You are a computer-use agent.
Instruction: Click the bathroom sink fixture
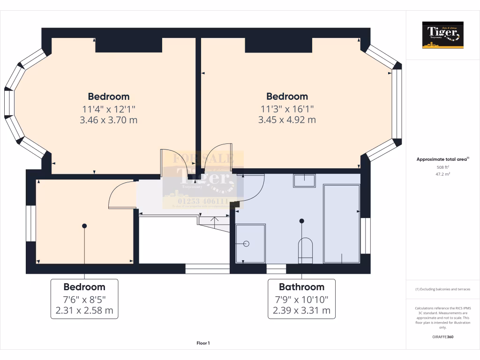pyautogui.click(x=304, y=180)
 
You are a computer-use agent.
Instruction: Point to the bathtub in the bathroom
pyautogui.click(x=342, y=224)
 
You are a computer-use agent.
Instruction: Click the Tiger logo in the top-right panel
pyautogui.click(x=442, y=35)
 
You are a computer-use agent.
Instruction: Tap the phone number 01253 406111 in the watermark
pyautogui.click(x=203, y=201)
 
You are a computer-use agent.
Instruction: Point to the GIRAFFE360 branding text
pyautogui.click(x=442, y=337)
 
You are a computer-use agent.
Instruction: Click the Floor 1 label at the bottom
pyautogui.click(x=203, y=343)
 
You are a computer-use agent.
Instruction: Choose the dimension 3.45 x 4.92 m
pyautogui.click(x=287, y=120)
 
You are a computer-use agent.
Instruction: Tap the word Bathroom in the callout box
pyautogui.click(x=301, y=287)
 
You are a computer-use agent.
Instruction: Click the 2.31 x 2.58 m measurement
pyautogui.click(x=84, y=310)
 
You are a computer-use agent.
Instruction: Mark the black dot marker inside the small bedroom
pyautogui.click(x=84, y=226)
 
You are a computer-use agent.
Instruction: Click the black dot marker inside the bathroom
pyautogui.click(x=302, y=221)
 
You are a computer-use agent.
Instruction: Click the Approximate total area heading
pyautogui.click(x=442, y=159)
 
